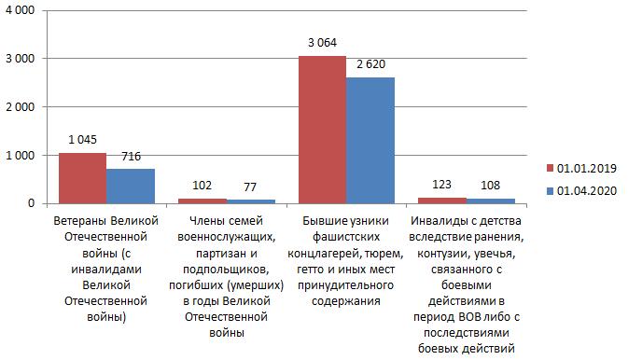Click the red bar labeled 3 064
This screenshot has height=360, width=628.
click(323, 130)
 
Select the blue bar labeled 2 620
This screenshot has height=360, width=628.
click(370, 141)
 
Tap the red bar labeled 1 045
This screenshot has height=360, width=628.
click(82, 178)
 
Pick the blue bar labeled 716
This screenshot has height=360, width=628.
click(131, 187)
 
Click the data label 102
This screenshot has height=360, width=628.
click(202, 185)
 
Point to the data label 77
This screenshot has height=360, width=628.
click(250, 187)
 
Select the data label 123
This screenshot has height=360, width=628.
click(441, 185)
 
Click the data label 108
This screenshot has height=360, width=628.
click(490, 185)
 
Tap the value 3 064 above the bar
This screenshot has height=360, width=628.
click(323, 43)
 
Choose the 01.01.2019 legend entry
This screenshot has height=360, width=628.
click(581, 168)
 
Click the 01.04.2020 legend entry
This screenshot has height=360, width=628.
click(581, 190)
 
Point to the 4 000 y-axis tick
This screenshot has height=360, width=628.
click(20, 10)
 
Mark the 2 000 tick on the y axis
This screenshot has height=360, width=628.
click(20, 107)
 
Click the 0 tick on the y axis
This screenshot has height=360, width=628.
click(31, 203)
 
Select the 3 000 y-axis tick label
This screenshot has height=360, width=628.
click(20, 59)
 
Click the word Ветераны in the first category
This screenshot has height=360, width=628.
click(80, 221)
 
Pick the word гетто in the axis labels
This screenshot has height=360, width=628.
click(311, 270)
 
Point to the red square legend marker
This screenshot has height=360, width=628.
click(550, 168)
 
